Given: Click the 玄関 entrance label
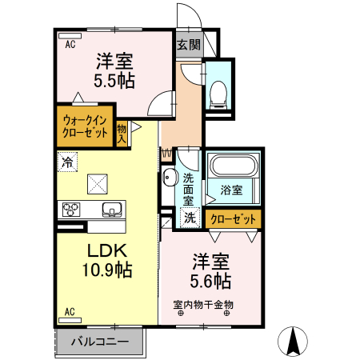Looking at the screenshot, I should pos(189,44).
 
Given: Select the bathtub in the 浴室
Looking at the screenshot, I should pos(231,168).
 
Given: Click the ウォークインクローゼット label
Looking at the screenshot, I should pos(85,128).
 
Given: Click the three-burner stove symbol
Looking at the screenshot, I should pos(70,210).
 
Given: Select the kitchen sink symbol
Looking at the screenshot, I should pos(111,210).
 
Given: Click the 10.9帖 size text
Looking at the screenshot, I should pos(105,270).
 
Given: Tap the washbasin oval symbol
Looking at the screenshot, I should pos(169,178).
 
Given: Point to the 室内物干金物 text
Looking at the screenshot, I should pos(203,304).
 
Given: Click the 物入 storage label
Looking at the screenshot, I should pos(122,132).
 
